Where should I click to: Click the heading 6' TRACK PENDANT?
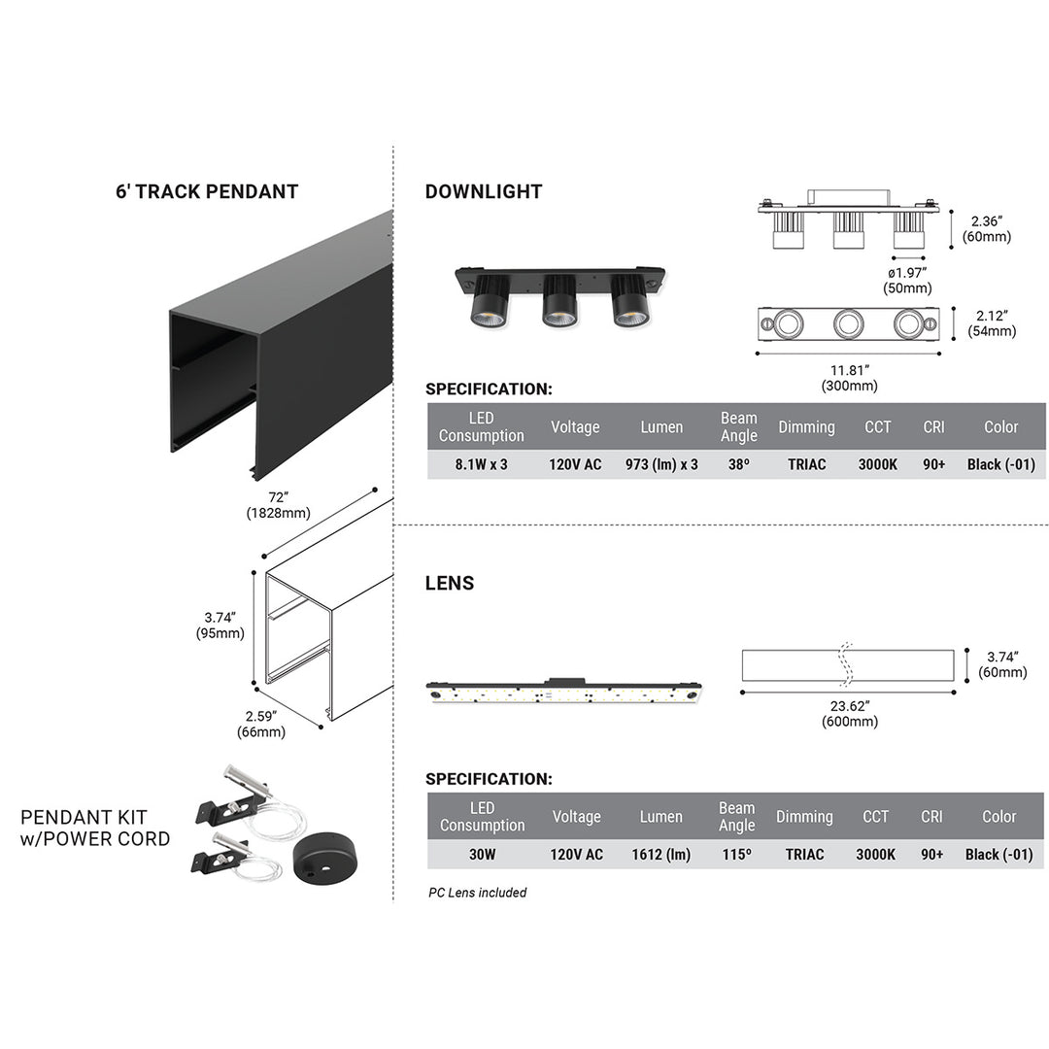207,191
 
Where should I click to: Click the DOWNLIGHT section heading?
484,191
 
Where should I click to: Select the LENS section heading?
450,583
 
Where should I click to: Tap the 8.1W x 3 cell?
482,464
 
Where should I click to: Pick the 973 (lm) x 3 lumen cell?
661,464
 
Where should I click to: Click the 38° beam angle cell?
738,464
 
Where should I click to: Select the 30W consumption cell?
482,855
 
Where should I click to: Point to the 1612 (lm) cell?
660,855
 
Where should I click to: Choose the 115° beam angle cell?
736,855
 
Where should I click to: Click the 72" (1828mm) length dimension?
279,505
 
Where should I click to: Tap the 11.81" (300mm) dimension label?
850,378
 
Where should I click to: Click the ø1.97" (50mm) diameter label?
907,280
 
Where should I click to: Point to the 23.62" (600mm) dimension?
850,714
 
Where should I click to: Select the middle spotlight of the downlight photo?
559,300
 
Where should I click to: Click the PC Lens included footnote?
478,893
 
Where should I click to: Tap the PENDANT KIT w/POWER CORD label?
95,828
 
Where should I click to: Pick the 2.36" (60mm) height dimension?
987,228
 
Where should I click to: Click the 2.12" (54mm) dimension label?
992,322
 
